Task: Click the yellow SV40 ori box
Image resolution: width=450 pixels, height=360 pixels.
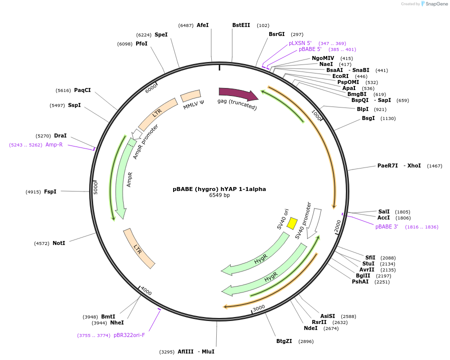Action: (x=292, y=223)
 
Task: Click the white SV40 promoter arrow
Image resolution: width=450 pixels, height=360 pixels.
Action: (x=314, y=222)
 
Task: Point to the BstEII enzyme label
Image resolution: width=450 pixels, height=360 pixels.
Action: (x=241, y=25)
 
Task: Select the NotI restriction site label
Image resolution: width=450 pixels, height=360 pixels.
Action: (x=59, y=243)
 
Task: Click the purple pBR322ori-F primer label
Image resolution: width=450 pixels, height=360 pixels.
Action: (x=129, y=335)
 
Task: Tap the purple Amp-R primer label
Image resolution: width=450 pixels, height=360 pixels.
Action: (x=54, y=144)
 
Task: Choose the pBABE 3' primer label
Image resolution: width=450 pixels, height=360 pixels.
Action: (x=386, y=226)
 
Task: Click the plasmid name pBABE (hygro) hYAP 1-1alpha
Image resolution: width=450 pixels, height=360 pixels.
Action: (x=219, y=189)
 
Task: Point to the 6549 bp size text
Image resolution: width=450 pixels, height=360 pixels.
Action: (x=219, y=195)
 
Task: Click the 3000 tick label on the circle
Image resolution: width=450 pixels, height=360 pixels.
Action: (x=259, y=308)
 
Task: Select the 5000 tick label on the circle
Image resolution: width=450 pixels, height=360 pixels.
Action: (x=96, y=187)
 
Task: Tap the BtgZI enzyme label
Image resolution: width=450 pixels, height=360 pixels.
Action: (x=284, y=341)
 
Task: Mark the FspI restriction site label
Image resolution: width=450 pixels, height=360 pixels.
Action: (x=50, y=191)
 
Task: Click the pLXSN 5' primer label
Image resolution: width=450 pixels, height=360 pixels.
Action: (x=300, y=43)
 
